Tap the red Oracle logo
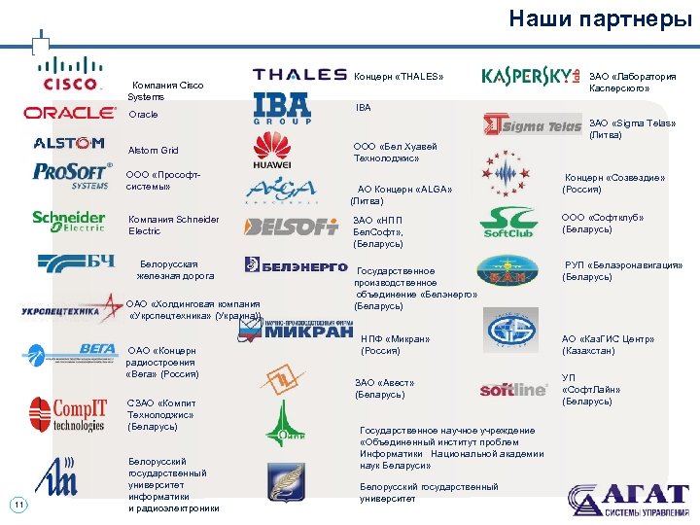(x=70, y=113)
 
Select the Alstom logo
(x=69, y=143)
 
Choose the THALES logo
(x=299, y=75)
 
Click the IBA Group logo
(x=282, y=109)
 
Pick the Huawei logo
(x=272, y=151)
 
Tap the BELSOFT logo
(x=291, y=227)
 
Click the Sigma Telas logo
(x=533, y=124)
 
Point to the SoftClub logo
(x=508, y=223)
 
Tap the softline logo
(x=513, y=390)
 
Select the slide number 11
(x=17, y=504)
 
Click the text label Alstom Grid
(x=154, y=151)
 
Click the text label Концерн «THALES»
(x=399, y=77)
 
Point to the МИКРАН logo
(x=296, y=331)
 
